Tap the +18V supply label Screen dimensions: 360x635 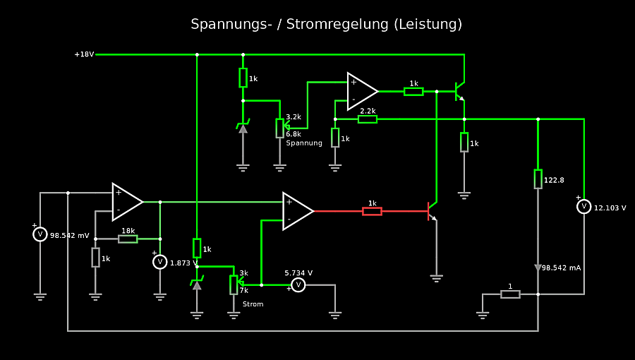point(84,54)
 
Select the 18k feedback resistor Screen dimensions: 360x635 point(128,239)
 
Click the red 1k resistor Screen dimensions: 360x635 point(372,210)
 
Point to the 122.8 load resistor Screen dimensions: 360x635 point(538,179)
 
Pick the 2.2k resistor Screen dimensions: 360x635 point(368,119)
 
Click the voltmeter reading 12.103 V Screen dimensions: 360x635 point(583,207)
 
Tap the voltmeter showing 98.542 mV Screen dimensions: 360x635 point(40,234)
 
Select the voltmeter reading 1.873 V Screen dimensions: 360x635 point(160,262)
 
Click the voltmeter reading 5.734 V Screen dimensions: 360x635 point(298,284)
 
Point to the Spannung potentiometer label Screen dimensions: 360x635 point(304,143)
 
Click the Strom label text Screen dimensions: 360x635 point(253,304)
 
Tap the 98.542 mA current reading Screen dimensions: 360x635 point(561,268)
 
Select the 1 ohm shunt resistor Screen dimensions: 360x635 point(510,294)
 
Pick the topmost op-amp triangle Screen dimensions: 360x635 point(362,91)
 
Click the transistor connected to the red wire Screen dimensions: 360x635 point(431,210)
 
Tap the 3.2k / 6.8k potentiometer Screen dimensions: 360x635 point(280,128)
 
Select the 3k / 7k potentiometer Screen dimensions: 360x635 point(234,284)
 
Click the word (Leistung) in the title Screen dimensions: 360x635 point(429,25)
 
